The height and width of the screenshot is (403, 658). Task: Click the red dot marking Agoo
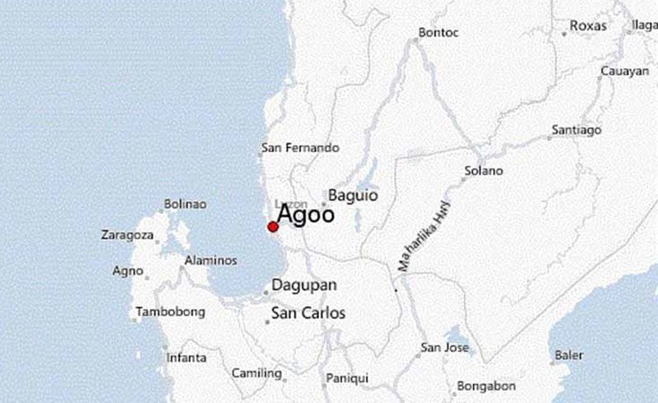(273, 226)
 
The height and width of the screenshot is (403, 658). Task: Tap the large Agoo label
(305, 215)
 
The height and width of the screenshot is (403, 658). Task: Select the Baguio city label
(353, 196)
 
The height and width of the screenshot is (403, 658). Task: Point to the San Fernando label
(300, 148)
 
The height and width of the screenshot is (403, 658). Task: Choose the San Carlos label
(308, 313)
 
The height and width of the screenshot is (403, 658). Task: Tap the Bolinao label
(185, 204)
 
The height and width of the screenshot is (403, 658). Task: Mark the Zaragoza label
(127, 235)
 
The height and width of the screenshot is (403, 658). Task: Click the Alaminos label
(211, 260)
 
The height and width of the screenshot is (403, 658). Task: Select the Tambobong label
(169, 313)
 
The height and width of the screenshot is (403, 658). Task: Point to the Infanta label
(186, 358)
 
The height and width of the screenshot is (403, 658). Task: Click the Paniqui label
(348, 378)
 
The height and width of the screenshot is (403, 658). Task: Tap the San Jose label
(445, 348)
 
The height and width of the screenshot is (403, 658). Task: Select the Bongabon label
(486, 386)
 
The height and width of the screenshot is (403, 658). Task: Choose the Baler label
(569, 355)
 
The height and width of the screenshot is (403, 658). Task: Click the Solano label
(484, 171)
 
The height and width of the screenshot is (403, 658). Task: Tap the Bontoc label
(438, 33)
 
